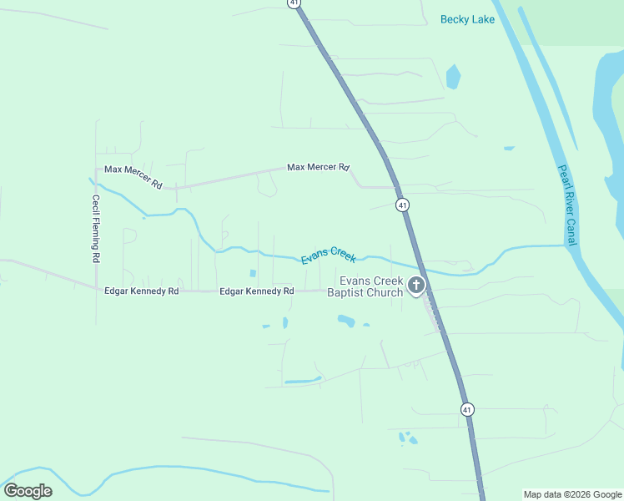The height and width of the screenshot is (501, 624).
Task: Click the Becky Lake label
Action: point(467,18)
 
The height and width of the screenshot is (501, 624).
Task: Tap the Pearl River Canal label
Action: point(567,205)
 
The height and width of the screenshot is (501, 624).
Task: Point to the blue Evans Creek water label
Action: point(329,255)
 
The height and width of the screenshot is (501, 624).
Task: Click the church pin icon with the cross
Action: point(415,286)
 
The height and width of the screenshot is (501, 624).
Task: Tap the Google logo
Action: point(28,491)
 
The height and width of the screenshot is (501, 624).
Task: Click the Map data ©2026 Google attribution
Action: point(572,494)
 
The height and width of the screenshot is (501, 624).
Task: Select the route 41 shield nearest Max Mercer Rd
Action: point(402,205)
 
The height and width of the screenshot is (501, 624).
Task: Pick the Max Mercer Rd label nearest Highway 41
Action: point(318,168)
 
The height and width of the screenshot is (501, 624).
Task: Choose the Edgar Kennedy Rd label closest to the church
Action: point(257,291)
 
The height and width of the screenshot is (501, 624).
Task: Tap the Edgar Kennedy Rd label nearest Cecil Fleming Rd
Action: point(142,291)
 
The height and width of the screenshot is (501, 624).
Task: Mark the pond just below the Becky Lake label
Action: point(453,77)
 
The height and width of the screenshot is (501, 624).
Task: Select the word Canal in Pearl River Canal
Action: point(572,231)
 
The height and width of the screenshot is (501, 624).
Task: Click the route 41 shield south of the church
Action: point(467,409)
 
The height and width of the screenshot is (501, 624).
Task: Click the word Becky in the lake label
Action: point(455,18)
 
